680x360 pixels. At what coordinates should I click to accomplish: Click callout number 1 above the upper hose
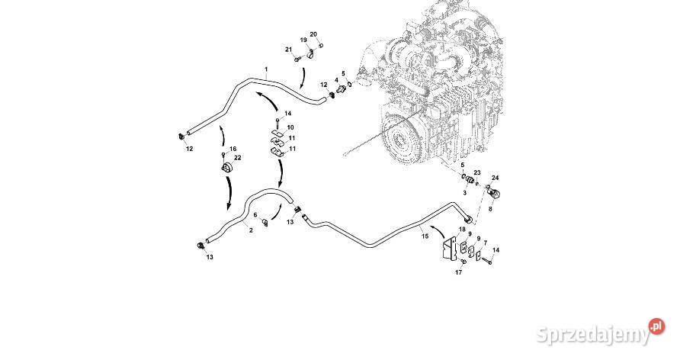coord(266,69)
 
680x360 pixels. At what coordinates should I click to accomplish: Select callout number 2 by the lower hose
coord(250,229)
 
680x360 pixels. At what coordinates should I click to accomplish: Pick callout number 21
coord(289,50)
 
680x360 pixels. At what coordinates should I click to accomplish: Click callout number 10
coord(290,126)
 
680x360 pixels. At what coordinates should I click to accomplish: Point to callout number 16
coord(233,149)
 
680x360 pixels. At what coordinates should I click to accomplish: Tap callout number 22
coord(238,158)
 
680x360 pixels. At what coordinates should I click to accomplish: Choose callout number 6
coord(255,215)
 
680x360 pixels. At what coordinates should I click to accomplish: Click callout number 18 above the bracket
coord(462,230)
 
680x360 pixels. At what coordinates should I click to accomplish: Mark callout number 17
coord(459,272)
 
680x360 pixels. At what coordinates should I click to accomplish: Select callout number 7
coord(485,243)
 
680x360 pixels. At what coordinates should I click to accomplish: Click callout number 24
coord(495,178)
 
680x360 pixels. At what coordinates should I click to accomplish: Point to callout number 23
coord(477,173)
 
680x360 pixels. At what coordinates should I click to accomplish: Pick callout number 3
coord(464,194)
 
